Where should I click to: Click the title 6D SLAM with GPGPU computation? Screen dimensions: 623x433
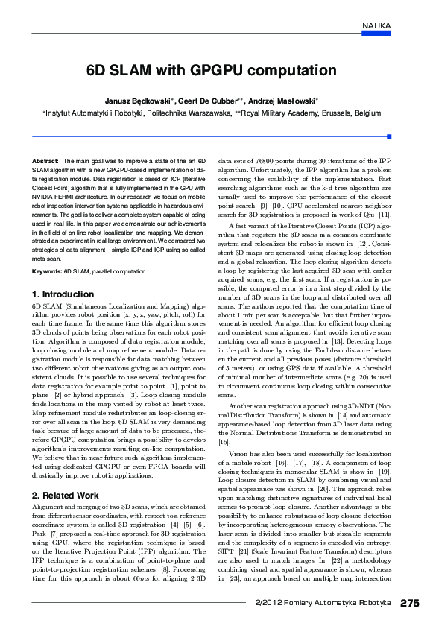[x=212, y=71]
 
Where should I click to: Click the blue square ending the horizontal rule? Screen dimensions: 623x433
[x=388, y=136]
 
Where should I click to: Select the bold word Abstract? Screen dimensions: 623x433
[x=45, y=161]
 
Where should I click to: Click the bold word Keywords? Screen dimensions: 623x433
[x=47, y=271]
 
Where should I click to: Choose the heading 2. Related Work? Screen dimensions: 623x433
[x=66, y=496]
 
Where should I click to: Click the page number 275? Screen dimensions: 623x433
[x=409, y=602]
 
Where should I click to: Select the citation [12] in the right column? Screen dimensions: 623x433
[x=361, y=244]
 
